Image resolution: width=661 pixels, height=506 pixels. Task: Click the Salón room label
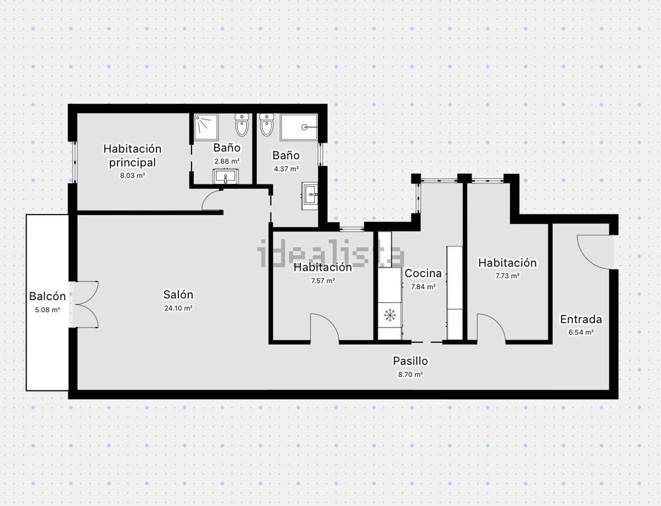coord(178,294)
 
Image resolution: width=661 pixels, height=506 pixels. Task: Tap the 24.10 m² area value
coord(178,308)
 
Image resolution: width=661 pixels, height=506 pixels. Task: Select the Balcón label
coord(47,296)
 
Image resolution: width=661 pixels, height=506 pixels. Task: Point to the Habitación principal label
coord(132,155)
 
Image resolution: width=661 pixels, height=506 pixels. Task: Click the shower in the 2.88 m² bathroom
coord(206,126)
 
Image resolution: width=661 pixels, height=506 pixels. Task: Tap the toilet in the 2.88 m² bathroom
coord(241,125)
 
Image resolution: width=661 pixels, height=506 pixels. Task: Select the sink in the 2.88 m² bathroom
coord(227,177)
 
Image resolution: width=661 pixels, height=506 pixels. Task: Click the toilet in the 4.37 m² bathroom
coord(267,125)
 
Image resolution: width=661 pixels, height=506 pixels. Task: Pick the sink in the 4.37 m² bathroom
coord(310,194)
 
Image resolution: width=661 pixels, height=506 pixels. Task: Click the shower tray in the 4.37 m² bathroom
coord(299,127)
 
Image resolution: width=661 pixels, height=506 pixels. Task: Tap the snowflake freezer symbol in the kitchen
coord(390,315)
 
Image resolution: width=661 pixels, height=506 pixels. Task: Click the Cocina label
coord(423,273)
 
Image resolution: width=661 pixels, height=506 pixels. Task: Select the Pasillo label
coord(410,361)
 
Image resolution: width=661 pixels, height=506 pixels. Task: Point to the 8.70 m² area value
coord(410,375)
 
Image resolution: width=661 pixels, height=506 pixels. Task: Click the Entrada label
coord(581,319)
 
